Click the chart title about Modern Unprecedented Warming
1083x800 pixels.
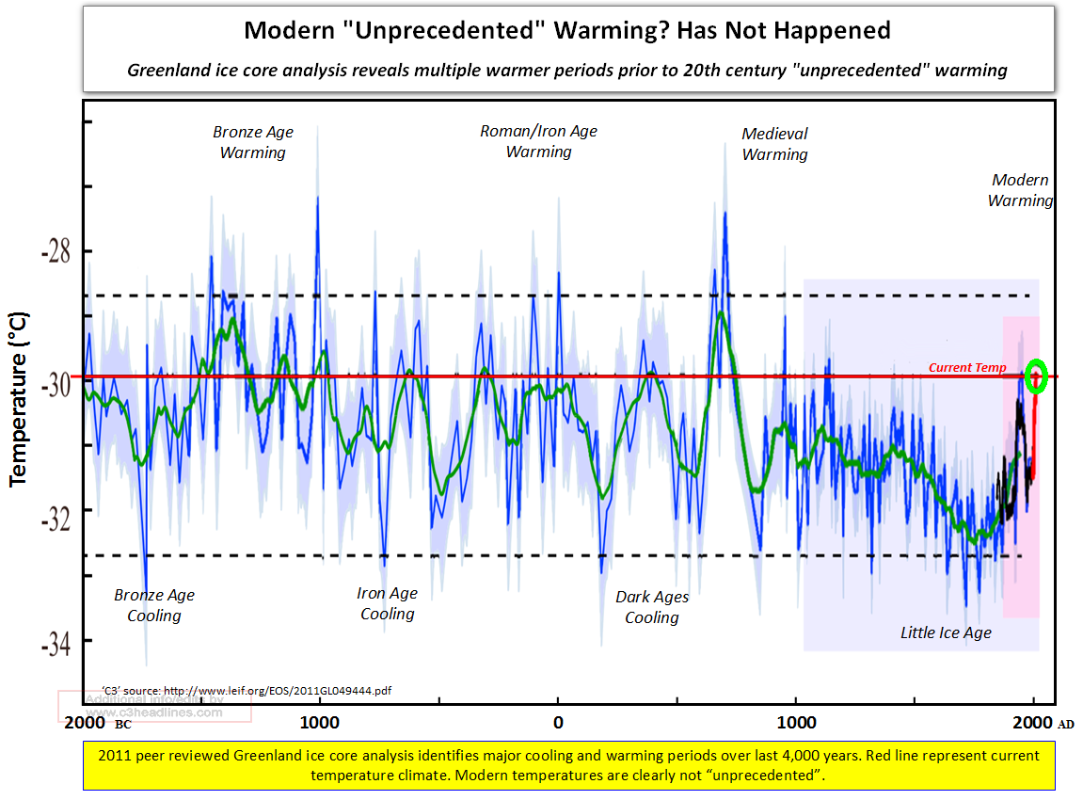(x=566, y=30)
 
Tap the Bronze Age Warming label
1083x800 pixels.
(x=252, y=142)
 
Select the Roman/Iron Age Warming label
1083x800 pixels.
(x=538, y=141)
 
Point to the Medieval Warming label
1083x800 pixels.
(x=774, y=144)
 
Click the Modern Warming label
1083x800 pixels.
(x=1020, y=190)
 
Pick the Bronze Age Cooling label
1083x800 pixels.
(x=154, y=605)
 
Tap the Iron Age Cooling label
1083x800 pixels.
(x=387, y=603)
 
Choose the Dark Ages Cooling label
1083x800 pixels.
(x=652, y=607)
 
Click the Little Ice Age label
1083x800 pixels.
(x=946, y=632)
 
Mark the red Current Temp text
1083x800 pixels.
(x=967, y=368)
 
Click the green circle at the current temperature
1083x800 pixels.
(x=1036, y=376)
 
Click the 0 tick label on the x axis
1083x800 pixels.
(x=558, y=723)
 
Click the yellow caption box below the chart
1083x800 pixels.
(x=567, y=765)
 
